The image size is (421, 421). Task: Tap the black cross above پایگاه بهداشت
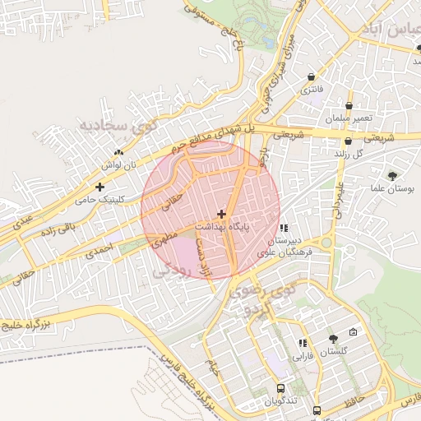[x=221, y=213]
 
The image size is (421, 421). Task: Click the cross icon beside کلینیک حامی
[x=100, y=187]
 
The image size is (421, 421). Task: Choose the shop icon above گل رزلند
[x=348, y=141]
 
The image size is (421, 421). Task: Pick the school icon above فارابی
[x=303, y=343]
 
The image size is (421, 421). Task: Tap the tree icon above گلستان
[x=332, y=339]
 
